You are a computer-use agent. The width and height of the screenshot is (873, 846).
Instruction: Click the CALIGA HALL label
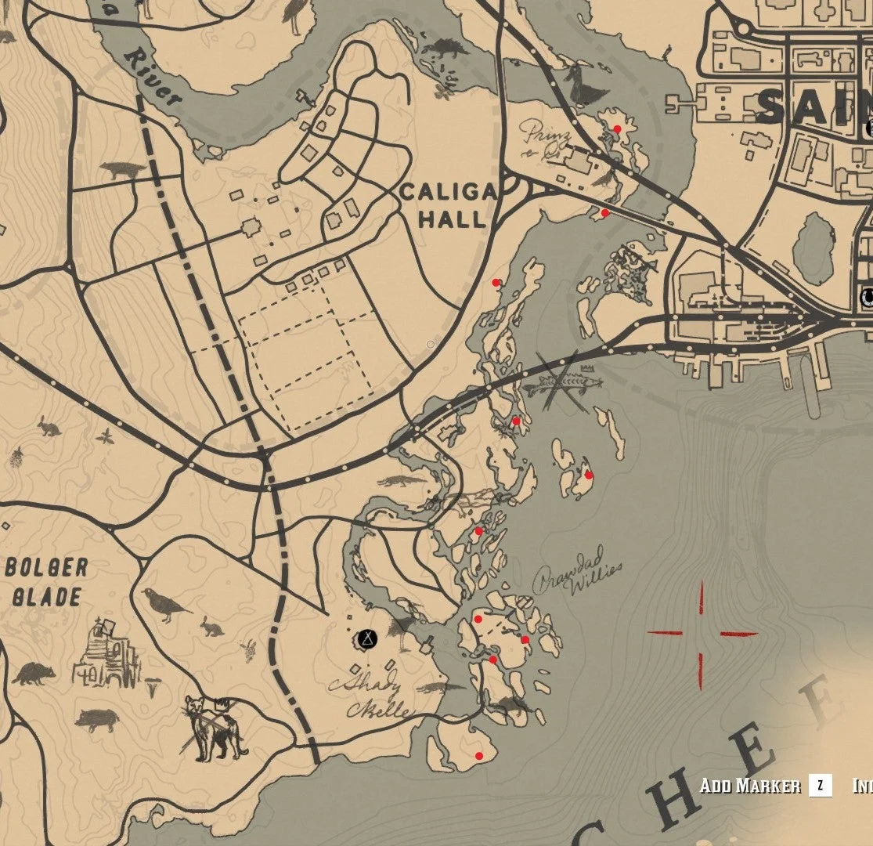[449, 205]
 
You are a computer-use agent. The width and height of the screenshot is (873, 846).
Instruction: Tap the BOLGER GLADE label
[46, 582]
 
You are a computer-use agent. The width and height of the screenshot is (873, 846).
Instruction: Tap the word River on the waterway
[153, 78]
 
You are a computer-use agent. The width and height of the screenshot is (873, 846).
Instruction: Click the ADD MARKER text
[749, 786]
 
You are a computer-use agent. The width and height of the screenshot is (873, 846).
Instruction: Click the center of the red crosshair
[701, 634]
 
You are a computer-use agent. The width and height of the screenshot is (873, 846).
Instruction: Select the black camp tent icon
[366, 639]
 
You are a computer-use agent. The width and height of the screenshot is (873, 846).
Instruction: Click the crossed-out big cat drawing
[209, 726]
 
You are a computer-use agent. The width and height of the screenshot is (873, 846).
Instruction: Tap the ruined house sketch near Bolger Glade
[106, 656]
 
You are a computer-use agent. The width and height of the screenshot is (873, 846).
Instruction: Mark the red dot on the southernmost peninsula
[479, 756]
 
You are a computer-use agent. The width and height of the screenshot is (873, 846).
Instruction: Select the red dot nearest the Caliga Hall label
[496, 282]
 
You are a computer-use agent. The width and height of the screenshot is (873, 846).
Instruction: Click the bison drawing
[123, 169]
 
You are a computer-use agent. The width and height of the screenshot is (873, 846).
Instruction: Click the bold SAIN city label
[814, 107]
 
